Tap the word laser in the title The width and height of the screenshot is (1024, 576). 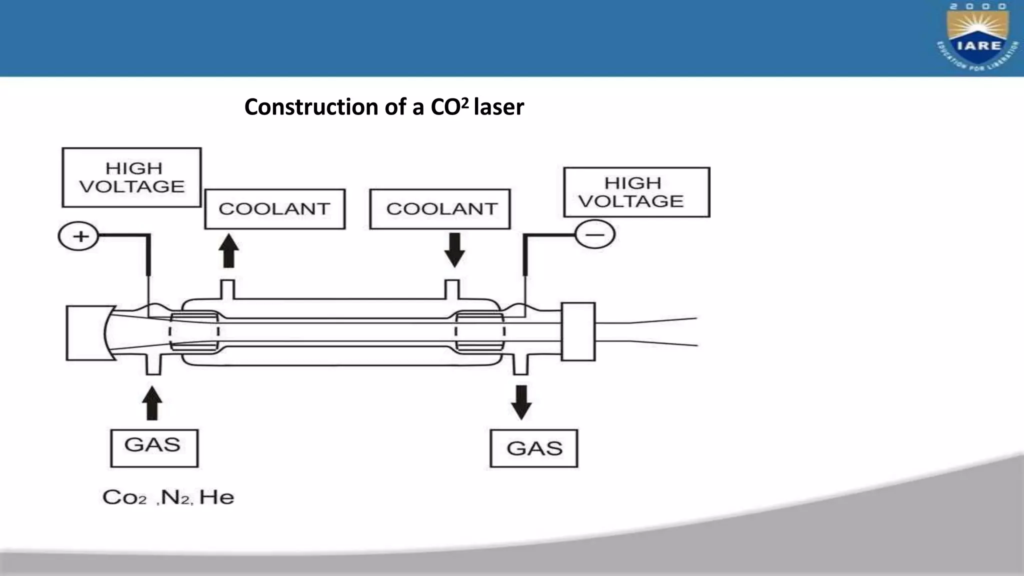coord(499,107)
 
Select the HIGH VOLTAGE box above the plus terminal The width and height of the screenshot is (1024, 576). coord(132,177)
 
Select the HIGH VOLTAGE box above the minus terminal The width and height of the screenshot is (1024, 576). coord(636,192)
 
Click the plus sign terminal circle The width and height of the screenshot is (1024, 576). coord(79,236)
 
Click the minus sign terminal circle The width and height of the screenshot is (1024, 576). coord(595,234)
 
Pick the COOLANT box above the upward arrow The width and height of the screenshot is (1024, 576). coord(274,209)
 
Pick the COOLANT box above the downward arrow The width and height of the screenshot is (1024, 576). coord(440,209)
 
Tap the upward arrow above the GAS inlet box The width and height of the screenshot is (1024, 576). coord(152,403)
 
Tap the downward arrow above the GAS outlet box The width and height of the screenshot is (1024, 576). coord(521,402)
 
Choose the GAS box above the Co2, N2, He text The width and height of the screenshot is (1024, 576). coord(154,448)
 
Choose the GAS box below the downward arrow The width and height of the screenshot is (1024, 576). coord(534,448)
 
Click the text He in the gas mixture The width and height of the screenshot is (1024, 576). coord(216,497)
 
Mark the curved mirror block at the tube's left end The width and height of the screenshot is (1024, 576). coord(87,333)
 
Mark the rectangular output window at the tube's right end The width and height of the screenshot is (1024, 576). coord(578,331)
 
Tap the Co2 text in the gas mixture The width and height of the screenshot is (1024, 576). coord(124,497)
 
